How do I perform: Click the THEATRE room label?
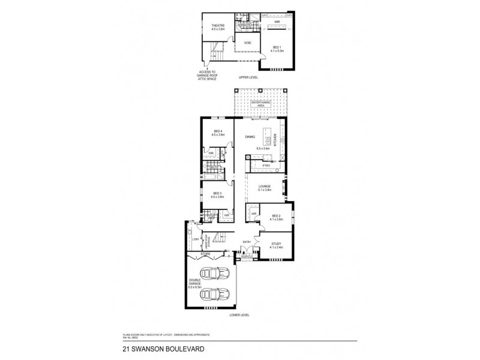pos(217,25)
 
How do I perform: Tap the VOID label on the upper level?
pos(247,43)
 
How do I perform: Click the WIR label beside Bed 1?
pos(277,22)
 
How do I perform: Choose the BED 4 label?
pos(217,131)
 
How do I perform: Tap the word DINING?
pos(250,137)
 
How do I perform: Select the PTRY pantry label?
pos(265,165)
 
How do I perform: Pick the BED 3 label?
pos(217,193)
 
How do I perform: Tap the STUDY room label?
pos(275,243)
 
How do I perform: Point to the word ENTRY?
pos(246,242)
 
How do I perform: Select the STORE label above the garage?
pos(205,253)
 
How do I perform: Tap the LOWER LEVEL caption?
pos(239,314)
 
